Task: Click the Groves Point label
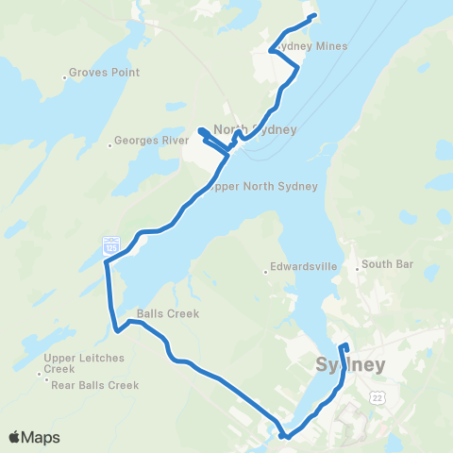tap(105, 73)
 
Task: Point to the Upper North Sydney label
tap(260, 186)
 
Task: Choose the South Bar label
tap(387, 265)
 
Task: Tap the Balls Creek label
tap(167, 314)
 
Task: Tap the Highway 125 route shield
tap(110, 245)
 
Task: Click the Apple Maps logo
tap(34, 437)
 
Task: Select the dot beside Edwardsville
tap(266, 274)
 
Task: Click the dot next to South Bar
tap(357, 270)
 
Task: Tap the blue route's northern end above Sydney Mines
tap(312, 16)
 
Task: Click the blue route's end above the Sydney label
tap(344, 345)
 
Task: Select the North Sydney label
tap(256, 130)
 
